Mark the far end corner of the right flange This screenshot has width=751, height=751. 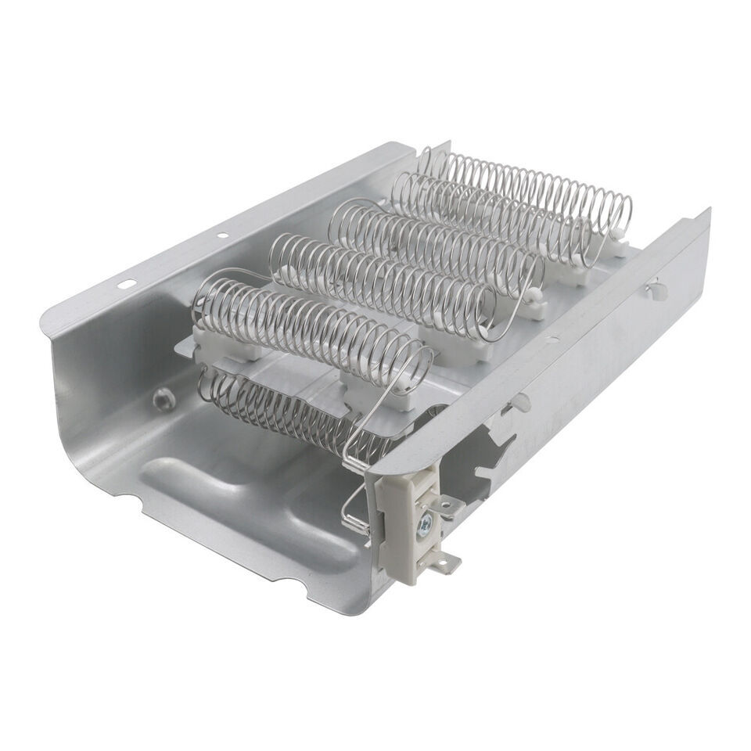(706, 211)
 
